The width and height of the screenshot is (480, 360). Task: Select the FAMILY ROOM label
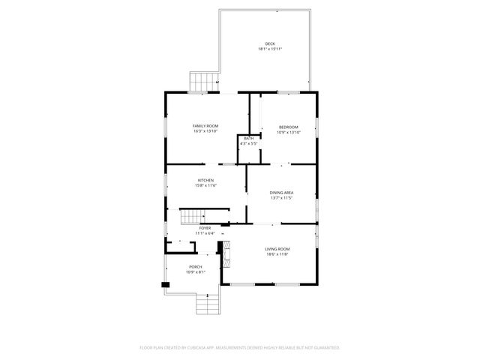point(205,125)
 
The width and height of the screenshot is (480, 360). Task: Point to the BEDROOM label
point(288,127)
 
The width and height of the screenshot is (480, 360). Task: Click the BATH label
point(248,138)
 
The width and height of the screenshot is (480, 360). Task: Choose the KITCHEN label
point(206,180)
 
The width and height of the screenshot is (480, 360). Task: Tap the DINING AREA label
point(281,193)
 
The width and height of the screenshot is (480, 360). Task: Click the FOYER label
point(205,227)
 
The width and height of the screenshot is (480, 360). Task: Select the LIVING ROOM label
point(277,249)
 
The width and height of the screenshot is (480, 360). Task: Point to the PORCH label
point(195,267)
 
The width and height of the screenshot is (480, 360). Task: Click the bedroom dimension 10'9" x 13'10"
point(288,132)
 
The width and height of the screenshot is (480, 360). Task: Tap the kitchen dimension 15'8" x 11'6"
point(206,185)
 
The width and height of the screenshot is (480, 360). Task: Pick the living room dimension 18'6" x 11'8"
point(277,254)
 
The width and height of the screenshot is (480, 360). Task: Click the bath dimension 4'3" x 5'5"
point(248,143)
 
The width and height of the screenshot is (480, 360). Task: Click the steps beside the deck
point(202,80)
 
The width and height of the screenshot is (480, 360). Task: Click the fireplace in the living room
point(223,254)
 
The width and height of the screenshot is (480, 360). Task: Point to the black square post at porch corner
point(165,284)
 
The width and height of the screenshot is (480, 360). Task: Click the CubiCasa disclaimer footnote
point(240,348)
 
